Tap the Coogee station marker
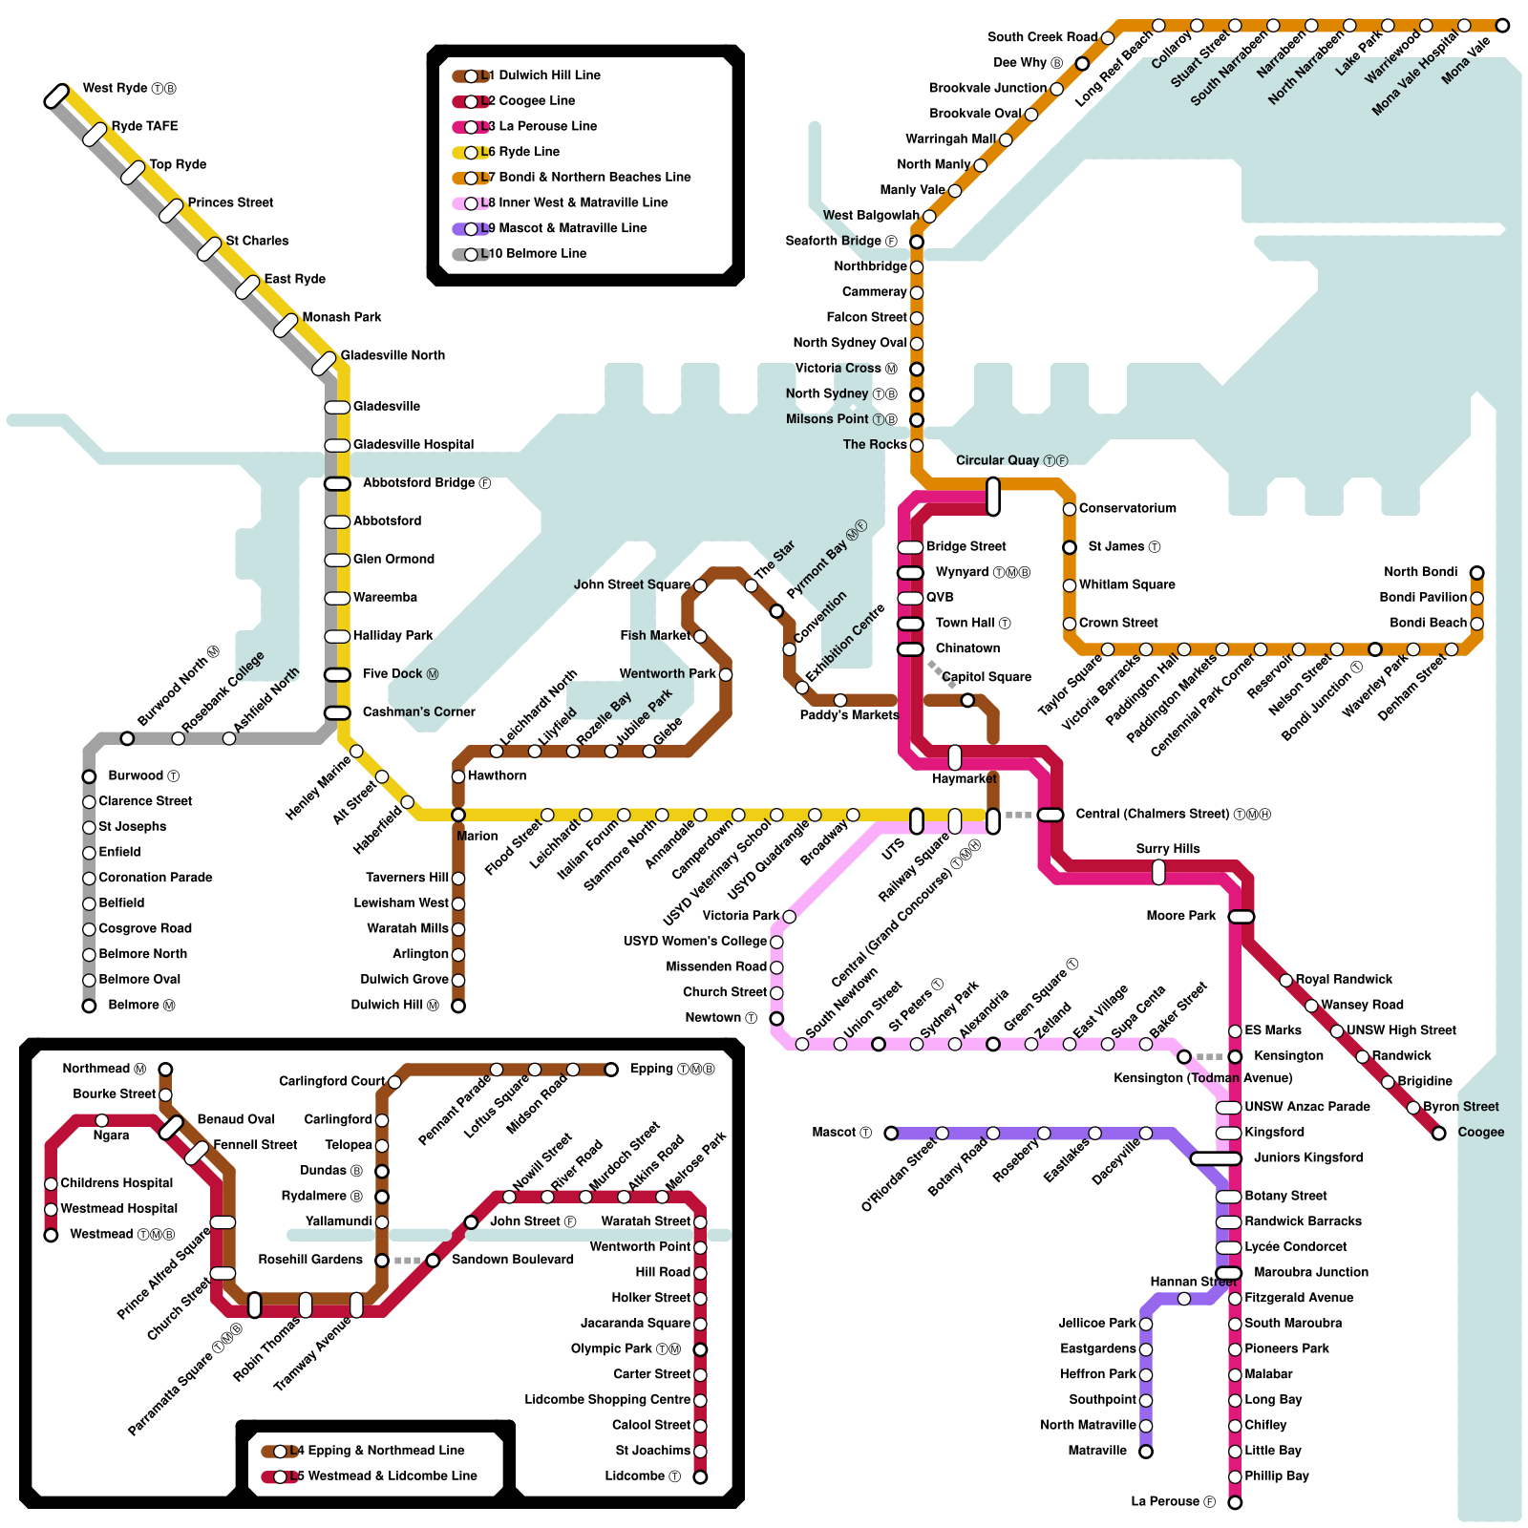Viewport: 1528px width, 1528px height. (x=1438, y=1134)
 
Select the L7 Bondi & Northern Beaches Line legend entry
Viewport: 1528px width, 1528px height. (x=572, y=178)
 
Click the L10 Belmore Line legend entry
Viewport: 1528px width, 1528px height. (x=520, y=254)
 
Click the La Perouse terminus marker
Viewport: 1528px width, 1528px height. (x=1235, y=1503)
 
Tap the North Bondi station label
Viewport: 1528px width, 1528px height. (x=1420, y=572)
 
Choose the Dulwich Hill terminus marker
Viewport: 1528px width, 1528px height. (x=458, y=1006)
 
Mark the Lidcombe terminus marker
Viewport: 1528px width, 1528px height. (x=700, y=1477)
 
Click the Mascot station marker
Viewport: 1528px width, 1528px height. (x=891, y=1134)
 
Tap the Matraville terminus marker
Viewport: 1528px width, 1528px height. (x=1146, y=1452)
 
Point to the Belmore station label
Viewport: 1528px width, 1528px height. (x=141, y=1006)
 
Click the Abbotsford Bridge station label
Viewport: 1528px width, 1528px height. (x=426, y=483)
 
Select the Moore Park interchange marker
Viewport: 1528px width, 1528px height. (x=1241, y=917)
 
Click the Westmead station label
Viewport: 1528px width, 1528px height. (x=122, y=1235)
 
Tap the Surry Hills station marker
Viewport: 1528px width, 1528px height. (x=1158, y=871)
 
